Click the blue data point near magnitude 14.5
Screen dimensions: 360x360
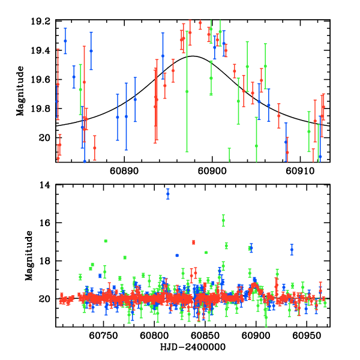(x=168, y=194)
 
